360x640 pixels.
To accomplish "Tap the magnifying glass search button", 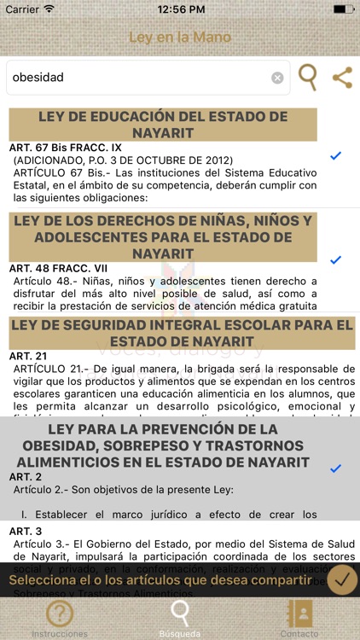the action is [x=307, y=77].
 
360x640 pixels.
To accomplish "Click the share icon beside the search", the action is [x=342, y=78].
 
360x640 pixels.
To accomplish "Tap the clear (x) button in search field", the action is [x=277, y=78].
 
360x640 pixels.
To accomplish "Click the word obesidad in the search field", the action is [x=38, y=78].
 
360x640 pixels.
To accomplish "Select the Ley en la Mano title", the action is [x=180, y=38].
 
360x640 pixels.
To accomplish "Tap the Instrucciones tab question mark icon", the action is [x=60, y=613].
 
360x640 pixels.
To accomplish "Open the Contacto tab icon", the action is [x=300, y=613].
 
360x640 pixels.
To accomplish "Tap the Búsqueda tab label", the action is [x=180, y=634].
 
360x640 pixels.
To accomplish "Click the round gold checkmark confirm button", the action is [x=342, y=579].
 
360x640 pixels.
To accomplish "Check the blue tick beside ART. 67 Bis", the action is [x=335, y=155].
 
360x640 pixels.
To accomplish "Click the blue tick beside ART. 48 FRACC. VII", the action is [x=335, y=259].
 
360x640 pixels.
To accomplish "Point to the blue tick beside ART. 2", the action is [x=335, y=468].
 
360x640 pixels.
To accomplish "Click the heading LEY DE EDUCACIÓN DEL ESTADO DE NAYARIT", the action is [x=163, y=125].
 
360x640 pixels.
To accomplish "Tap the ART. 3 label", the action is [x=26, y=531].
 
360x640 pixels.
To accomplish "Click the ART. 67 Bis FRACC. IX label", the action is [x=66, y=148].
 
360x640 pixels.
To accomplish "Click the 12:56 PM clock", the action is [x=179, y=9].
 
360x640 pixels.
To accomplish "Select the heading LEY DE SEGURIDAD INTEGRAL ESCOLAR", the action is [x=180, y=333].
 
